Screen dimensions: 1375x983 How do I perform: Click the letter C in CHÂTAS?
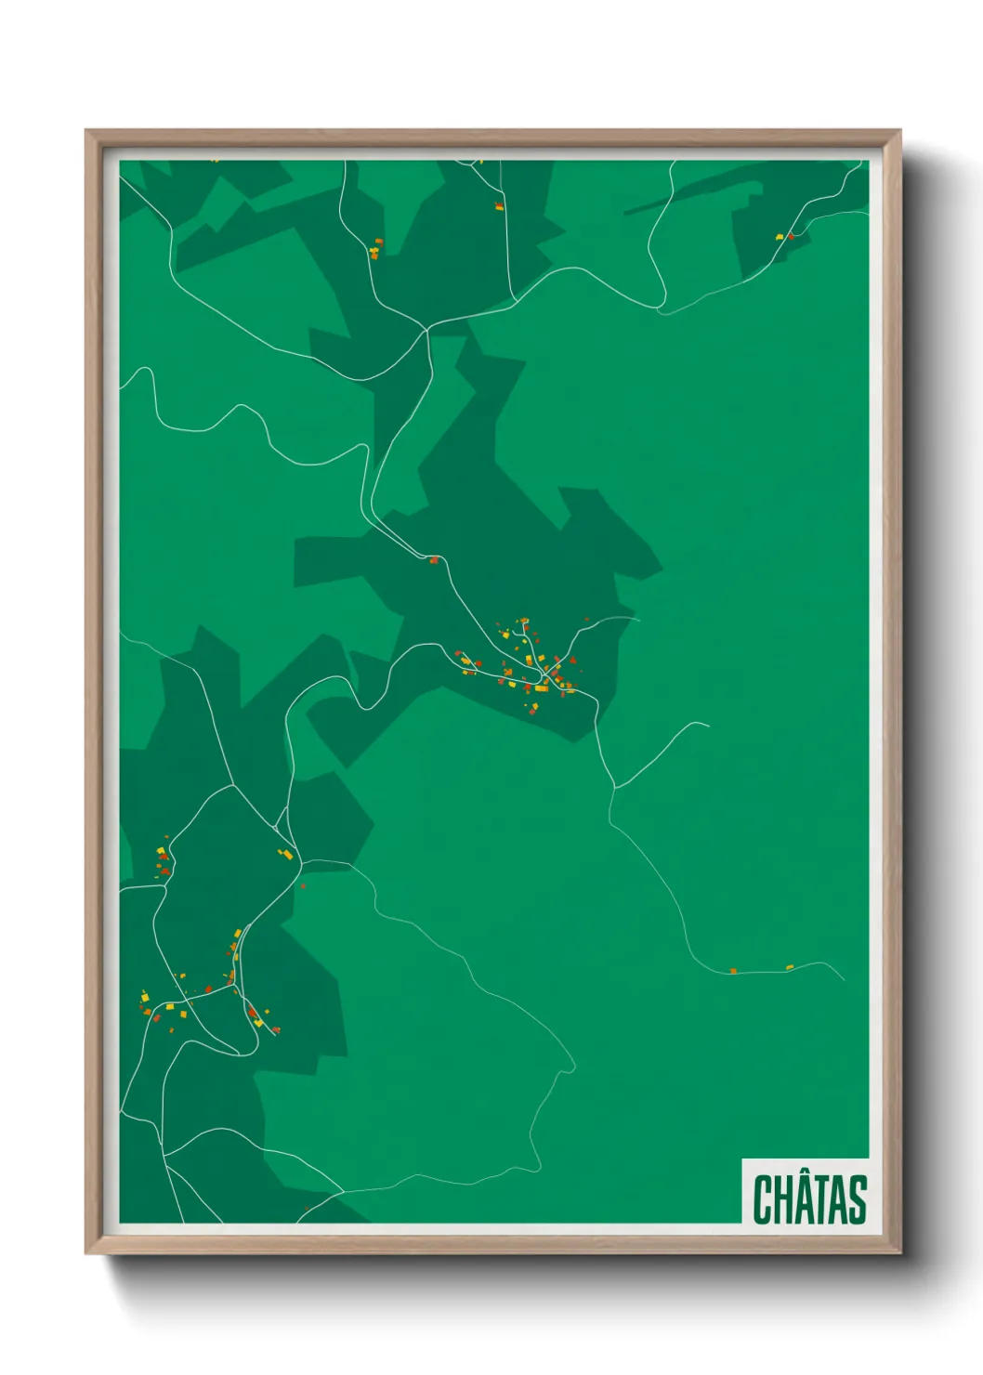pyautogui.click(x=765, y=1199)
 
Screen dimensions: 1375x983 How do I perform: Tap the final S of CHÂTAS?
pyautogui.click(x=856, y=1199)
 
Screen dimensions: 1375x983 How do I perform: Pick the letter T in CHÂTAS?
pyautogui.click(x=821, y=1199)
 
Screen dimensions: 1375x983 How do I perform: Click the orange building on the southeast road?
pyautogui.click(x=733, y=971)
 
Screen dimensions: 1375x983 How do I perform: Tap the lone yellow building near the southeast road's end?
pyautogui.click(x=790, y=967)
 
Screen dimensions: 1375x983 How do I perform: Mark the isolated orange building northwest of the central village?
pyautogui.click(x=433, y=559)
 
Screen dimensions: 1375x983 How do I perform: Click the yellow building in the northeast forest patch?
pyautogui.click(x=780, y=238)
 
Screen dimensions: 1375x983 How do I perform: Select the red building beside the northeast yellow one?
pyautogui.click(x=791, y=236)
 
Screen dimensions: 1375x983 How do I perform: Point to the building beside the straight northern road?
pyautogui.click(x=499, y=206)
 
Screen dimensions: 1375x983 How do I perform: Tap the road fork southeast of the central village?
pyautogui.click(x=614, y=789)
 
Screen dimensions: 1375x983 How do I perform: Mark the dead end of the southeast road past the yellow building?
pyautogui.click(x=844, y=979)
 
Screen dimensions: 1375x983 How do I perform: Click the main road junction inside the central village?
pyautogui.click(x=545, y=675)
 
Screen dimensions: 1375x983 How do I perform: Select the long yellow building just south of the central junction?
pyautogui.click(x=540, y=689)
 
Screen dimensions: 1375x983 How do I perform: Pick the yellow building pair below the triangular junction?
pyautogui.click(x=287, y=853)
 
